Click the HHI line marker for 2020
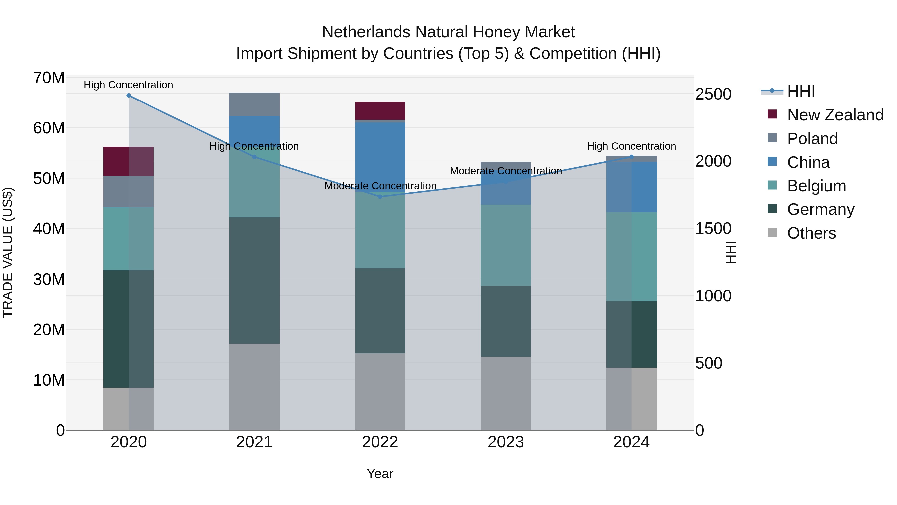pos(129,96)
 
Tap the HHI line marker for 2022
pos(380,197)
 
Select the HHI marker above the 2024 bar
pos(631,157)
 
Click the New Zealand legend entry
pos(835,115)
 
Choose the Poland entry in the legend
pos(812,139)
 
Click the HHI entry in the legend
pos(801,91)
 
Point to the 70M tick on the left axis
pos(49,78)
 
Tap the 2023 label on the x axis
pos(506,442)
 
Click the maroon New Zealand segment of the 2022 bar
pos(380,111)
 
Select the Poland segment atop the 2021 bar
pos(254,104)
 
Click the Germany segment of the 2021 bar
pos(254,281)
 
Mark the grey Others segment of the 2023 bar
pos(506,393)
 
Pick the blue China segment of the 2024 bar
pos(631,187)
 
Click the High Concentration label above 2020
pos(129,85)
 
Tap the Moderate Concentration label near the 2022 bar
pos(380,186)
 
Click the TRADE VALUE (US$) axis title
pos(8,252)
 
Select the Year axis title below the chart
pos(380,474)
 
